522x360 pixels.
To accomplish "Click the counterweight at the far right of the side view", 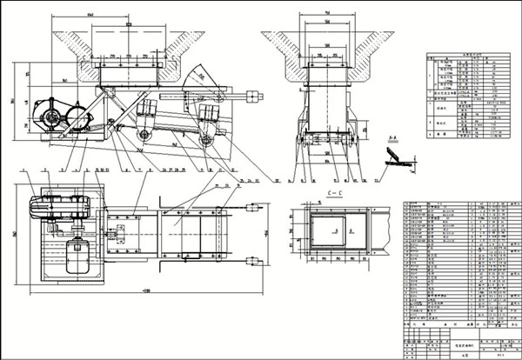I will (253, 95).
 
